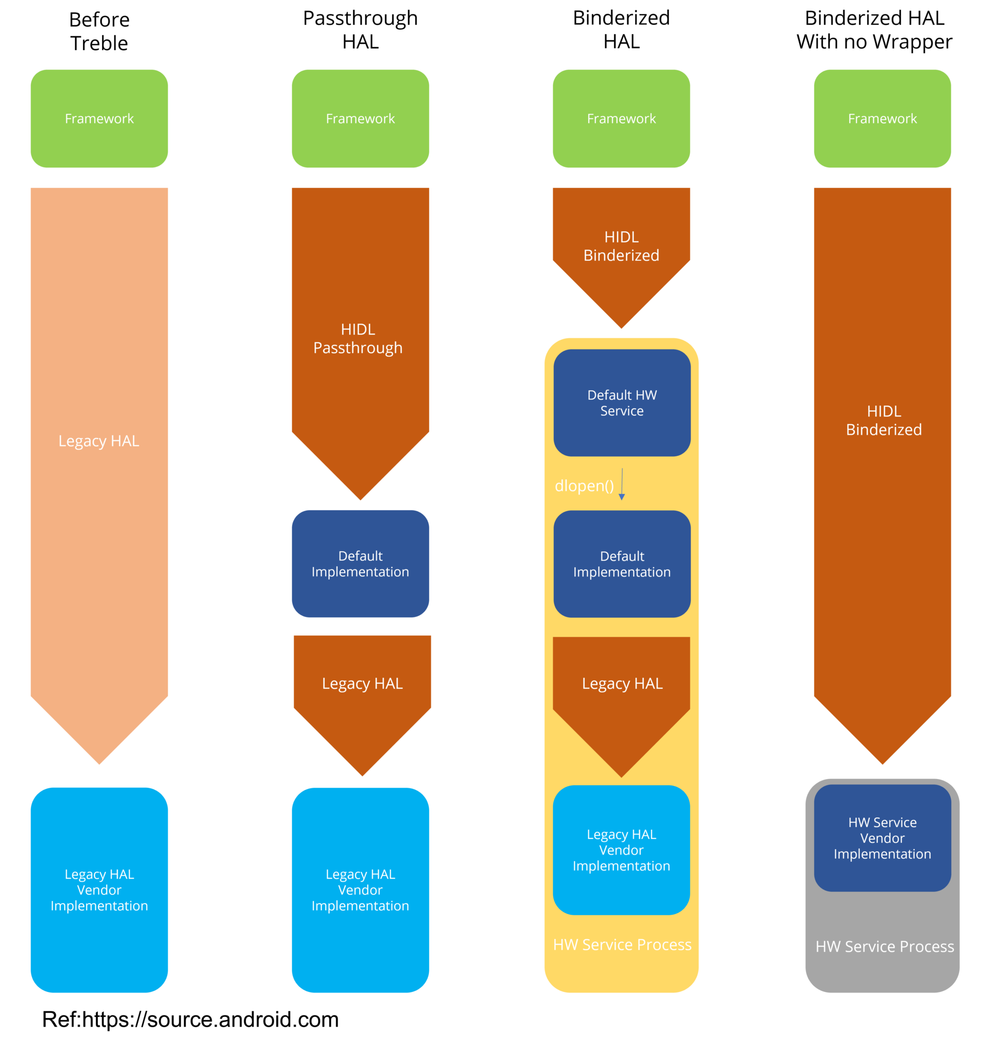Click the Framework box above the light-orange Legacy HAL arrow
tap(99, 119)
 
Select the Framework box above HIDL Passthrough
tap(360, 119)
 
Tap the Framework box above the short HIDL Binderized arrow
tap(621, 119)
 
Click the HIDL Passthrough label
tap(358, 338)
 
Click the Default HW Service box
tap(622, 403)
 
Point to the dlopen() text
tap(584, 486)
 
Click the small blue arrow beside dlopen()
tap(622, 484)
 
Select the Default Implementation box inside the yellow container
tap(622, 564)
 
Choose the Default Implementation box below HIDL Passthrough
tap(360, 563)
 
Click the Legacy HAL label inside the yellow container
tap(622, 683)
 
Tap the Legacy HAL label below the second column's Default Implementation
tap(362, 683)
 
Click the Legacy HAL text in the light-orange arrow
tap(99, 440)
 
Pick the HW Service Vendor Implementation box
tap(882, 838)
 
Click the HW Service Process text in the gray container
tap(885, 947)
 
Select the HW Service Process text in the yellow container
tap(622, 944)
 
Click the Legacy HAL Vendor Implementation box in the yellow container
tap(621, 850)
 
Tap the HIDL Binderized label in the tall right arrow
tap(884, 420)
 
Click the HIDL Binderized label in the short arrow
tap(621, 246)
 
